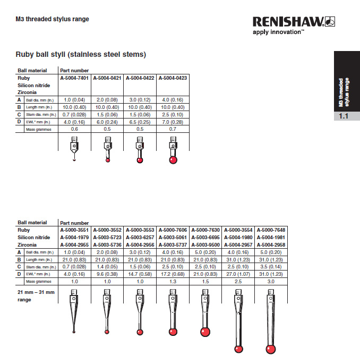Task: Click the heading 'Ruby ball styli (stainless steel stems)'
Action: coord(81,54)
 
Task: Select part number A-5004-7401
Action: coord(75,78)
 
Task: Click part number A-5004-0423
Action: coord(173,78)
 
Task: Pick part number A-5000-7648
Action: coord(271,230)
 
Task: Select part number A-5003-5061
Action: coord(173,238)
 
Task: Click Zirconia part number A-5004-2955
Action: coord(75,245)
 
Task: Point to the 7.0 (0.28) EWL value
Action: coord(173,122)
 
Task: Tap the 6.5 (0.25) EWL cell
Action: coord(140,122)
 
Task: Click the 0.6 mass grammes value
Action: coord(75,129)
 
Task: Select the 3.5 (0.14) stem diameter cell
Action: coord(271,267)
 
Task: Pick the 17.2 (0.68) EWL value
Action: coord(173,274)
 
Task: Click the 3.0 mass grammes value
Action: coord(271,282)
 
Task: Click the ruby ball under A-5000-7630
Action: coord(205,332)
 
